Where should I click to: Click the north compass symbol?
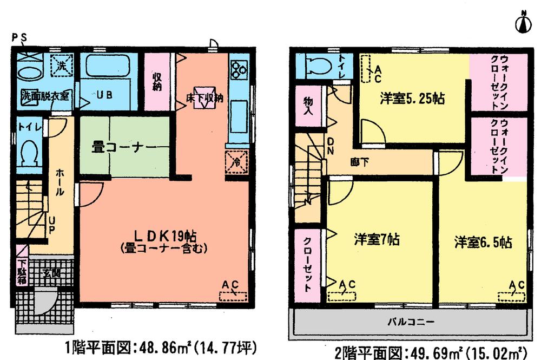(x=522, y=22)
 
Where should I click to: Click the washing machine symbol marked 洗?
(x=61, y=67)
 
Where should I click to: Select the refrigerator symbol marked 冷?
(x=236, y=161)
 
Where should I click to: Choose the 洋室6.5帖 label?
(x=483, y=242)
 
